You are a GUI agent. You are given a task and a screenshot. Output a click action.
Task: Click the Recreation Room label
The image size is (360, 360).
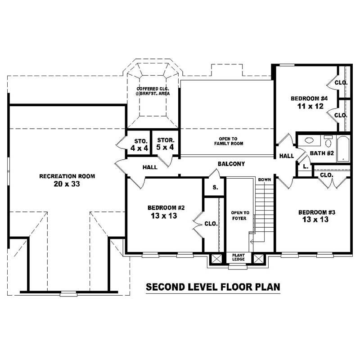pos(67,176)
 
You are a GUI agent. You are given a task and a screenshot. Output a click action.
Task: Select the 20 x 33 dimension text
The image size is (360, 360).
pos(67,184)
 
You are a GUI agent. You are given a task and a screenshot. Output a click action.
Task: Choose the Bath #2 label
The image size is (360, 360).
pos(321,153)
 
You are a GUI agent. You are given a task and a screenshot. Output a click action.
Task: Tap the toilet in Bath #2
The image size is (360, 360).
pos(328,142)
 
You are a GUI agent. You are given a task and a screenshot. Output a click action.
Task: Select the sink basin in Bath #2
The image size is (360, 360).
pos(310,140)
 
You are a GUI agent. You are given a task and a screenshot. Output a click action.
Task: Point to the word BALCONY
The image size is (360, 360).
pos(231,164)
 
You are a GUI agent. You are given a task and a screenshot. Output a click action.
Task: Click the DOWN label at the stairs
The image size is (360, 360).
pos(264,180)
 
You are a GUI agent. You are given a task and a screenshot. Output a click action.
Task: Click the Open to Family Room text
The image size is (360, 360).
pos(228,141)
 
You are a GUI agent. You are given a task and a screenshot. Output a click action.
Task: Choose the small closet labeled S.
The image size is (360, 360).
pos(215,187)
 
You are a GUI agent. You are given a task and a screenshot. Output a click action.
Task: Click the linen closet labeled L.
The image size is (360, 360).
pos(305,166)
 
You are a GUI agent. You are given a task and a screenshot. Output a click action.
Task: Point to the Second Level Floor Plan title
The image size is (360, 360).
pos(213,287)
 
